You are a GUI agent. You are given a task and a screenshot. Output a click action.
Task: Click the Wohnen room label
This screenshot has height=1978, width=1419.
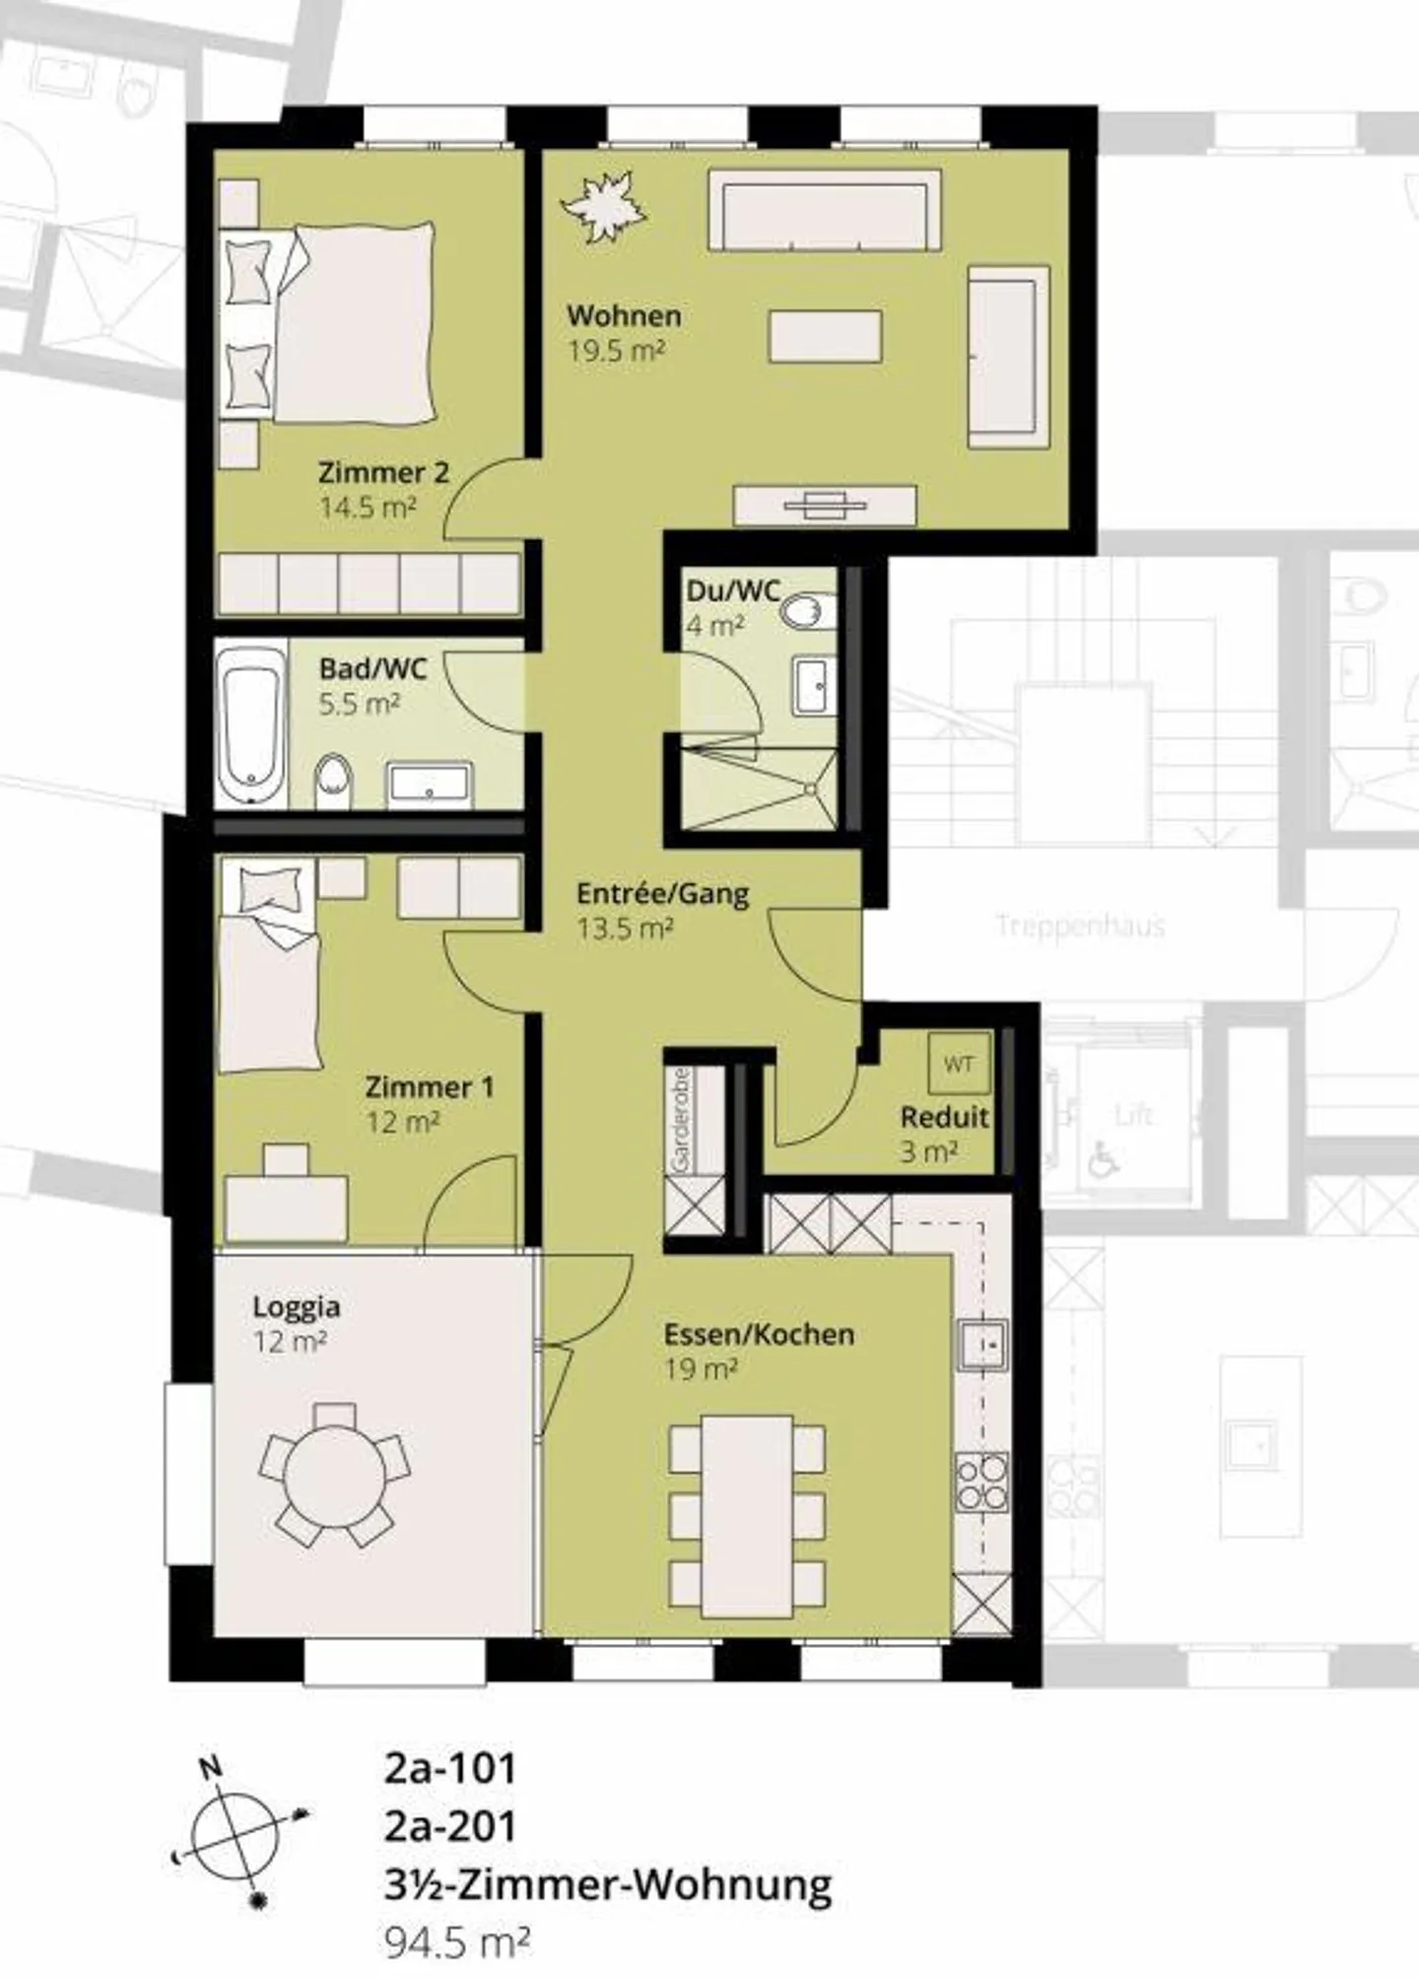coord(624,316)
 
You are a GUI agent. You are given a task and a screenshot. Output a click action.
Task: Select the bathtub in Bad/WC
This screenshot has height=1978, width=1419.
coord(250,724)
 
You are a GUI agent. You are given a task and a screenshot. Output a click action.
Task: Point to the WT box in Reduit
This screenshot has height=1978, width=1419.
coord(958,1063)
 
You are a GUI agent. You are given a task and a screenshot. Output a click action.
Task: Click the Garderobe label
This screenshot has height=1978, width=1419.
coord(680,1121)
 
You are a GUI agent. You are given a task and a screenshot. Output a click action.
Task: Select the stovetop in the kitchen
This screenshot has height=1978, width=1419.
coord(982,1482)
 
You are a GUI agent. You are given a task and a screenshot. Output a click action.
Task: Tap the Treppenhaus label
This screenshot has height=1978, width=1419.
coord(1080,925)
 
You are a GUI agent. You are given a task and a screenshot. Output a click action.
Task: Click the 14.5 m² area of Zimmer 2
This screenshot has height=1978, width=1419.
coord(368,508)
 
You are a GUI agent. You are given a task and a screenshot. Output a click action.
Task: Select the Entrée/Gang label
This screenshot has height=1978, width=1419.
coord(662,894)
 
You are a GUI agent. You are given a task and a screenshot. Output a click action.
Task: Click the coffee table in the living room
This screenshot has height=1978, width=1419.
coord(825,336)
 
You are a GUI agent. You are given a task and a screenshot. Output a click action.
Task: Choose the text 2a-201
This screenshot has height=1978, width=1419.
coord(450,1826)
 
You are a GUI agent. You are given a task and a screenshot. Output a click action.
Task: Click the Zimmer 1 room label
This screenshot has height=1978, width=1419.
coord(429,1087)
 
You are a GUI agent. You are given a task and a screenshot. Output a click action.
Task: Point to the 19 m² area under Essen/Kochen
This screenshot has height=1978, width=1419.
coord(701,1369)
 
